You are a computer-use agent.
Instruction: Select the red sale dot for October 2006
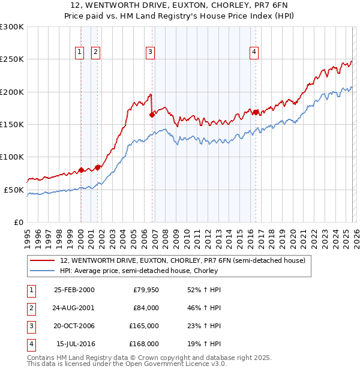click(152, 115)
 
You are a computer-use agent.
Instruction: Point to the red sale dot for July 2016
click(256, 112)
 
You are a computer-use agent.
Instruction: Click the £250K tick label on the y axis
click(12, 59)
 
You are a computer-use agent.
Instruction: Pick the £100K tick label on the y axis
click(12, 157)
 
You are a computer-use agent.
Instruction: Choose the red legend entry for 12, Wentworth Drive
click(183, 260)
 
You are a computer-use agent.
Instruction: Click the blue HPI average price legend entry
click(160, 271)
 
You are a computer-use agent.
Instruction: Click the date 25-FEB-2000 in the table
click(74, 290)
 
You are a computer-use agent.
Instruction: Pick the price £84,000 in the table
click(146, 308)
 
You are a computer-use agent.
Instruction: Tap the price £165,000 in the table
click(144, 326)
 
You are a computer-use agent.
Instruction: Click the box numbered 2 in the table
click(31, 308)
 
